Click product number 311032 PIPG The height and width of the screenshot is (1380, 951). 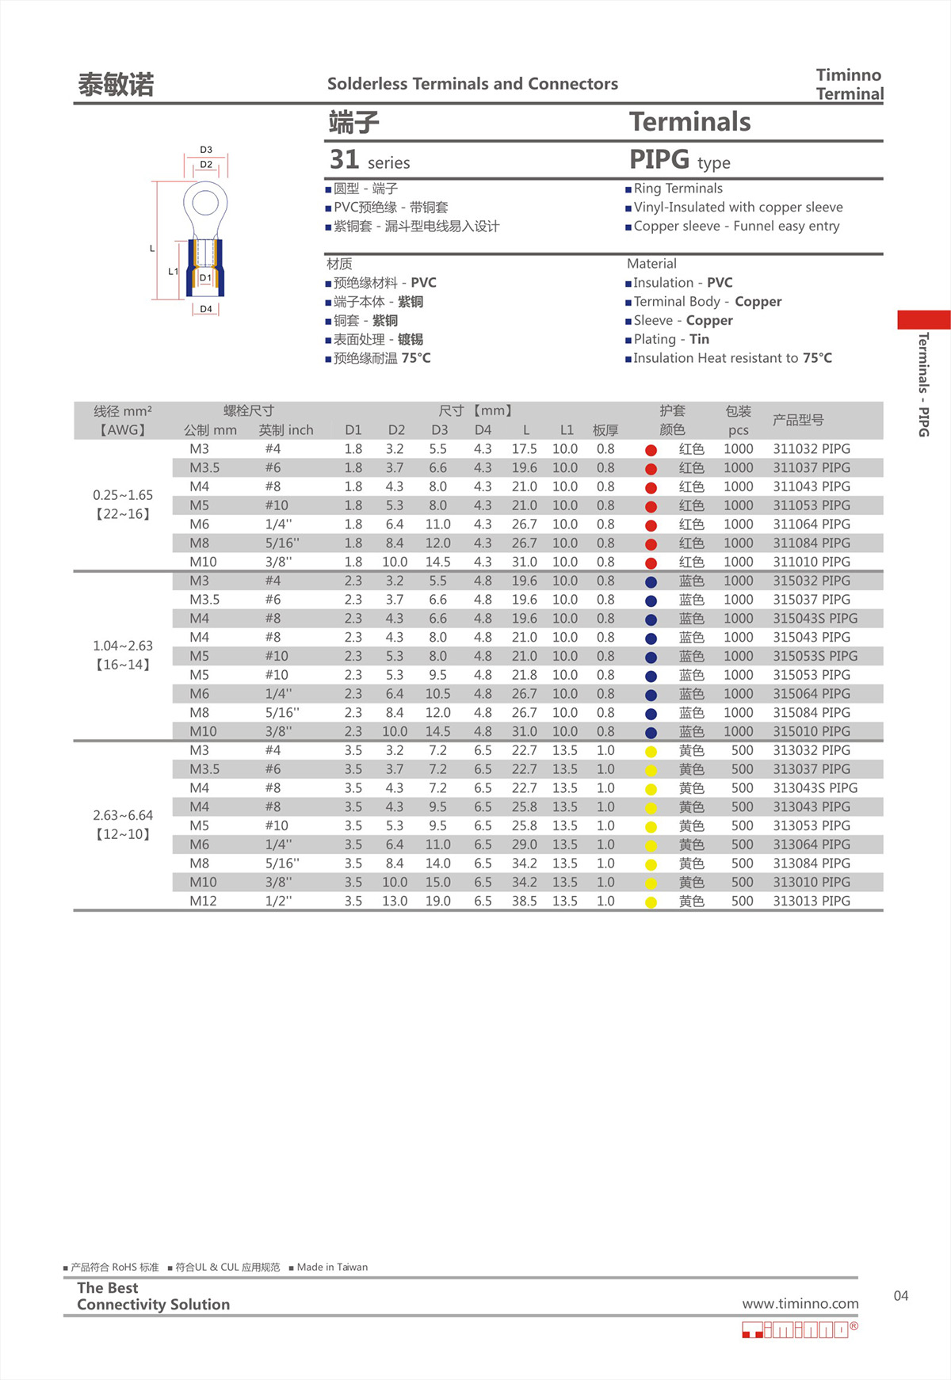pos(811,449)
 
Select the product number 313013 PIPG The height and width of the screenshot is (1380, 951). pos(811,902)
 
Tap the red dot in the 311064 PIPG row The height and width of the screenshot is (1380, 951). pos(651,525)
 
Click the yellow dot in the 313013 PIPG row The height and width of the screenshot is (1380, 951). pos(651,902)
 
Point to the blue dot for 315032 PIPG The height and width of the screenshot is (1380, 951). pos(651,582)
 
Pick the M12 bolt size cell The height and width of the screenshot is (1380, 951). pos(203,902)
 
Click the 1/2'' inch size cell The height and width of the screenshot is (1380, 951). pos(278,902)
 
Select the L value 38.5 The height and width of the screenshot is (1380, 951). pos(524,902)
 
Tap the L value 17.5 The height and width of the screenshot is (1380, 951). pos(524,449)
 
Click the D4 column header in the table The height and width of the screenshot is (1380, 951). pos(483,430)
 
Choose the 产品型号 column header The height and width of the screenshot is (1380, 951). pos(798,420)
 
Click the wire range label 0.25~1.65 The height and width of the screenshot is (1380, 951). pos(123,495)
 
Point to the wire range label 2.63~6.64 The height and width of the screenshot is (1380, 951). pos(123,815)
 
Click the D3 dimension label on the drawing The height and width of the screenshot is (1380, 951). pos(206,150)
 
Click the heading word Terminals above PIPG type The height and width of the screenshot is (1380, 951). pos(689,122)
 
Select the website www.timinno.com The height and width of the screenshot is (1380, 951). pos(800,1304)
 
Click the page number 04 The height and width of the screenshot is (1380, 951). pos(901,1296)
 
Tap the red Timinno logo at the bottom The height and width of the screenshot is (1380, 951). pos(799,1330)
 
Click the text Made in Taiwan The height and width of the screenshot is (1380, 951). pos(332,1268)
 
